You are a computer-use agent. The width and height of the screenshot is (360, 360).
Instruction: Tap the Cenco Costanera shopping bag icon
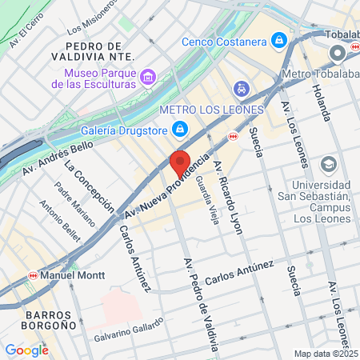click(x=278, y=39)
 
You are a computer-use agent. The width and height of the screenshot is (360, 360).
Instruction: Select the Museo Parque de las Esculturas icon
click(x=147, y=78)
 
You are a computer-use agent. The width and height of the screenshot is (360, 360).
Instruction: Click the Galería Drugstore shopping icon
click(x=181, y=128)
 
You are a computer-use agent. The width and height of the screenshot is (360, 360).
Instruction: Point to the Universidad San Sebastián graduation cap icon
click(x=328, y=165)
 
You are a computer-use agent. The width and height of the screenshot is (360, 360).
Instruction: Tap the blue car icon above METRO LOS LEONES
click(x=240, y=88)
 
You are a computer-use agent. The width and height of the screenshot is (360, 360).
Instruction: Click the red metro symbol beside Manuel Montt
click(x=33, y=274)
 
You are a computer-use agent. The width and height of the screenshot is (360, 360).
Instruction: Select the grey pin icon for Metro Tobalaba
click(x=337, y=54)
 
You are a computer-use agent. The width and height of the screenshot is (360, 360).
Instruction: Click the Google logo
click(x=26, y=350)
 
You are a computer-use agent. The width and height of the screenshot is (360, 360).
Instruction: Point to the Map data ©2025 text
click(x=326, y=354)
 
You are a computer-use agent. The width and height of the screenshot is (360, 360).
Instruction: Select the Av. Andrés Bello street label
click(x=58, y=158)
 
